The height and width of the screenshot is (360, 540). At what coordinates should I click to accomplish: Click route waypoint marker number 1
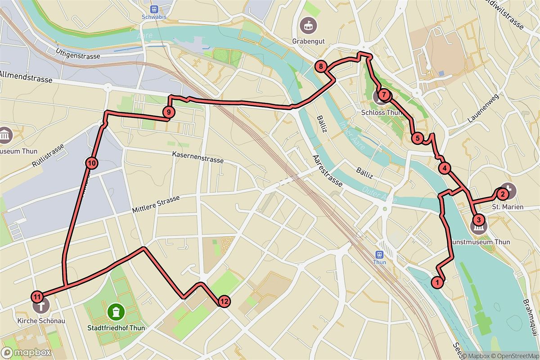[x=436, y=282]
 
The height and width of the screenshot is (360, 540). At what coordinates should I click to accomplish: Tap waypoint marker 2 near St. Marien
[x=502, y=194]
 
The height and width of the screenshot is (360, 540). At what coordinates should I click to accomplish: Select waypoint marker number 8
[x=320, y=67]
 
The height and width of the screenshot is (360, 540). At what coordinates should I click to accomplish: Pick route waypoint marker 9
[x=168, y=112]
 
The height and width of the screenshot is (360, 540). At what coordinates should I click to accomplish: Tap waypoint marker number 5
[x=417, y=138]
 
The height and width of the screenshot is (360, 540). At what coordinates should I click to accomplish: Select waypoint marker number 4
[x=444, y=169]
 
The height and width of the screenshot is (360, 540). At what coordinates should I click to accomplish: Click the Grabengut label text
[x=308, y=41]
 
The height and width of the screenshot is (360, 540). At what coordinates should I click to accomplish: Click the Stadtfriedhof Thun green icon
[x=117, y=311]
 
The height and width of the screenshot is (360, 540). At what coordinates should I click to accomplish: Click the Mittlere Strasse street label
[x=156, y=204]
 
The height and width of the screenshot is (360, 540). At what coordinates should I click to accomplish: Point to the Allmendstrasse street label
[x=26, y=77]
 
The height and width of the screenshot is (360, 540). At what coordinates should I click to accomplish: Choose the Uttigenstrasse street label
[x=78, y=54]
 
